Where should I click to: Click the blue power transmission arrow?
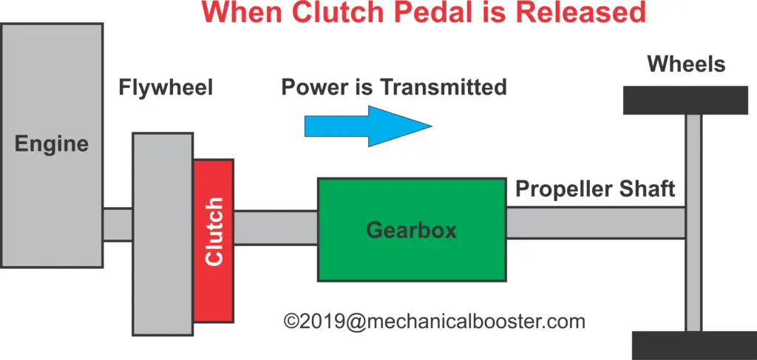(x=368, y=126)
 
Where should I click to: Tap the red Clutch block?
(x=214, y=241)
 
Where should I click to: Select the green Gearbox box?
(x=412, y=230)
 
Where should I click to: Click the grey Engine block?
(x=51, y=145)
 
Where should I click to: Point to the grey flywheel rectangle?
(x=163, y=234)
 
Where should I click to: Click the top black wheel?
(x=685, y=101)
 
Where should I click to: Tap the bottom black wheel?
(x=694, y=345)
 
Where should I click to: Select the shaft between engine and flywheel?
(x=118, y=225)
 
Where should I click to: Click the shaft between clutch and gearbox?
(x=276, y=228)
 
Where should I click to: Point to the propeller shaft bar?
(x=597, y=223)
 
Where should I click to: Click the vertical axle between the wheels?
(x=693, y=223)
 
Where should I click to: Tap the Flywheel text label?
(x=166, y=88)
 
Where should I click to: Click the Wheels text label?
(x=686, y=64)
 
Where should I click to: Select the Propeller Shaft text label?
(x=595, y=189)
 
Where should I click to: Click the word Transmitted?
(x=443, y=87)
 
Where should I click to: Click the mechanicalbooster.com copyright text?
(x=435, y=321)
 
